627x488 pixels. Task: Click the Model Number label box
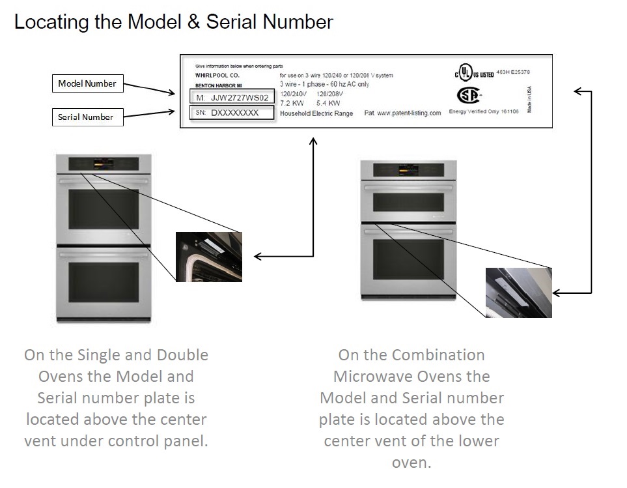click(87, 83)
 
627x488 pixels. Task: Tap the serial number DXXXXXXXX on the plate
click(235, 113)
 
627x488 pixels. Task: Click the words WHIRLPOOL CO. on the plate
click(217, 76)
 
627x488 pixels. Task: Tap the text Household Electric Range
click(316, 113)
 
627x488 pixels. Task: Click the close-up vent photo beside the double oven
click(208, 257)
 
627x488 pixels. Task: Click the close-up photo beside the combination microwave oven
click(518, 292)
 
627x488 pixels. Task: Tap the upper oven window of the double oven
click(104, 209)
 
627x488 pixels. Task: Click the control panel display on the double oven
click(104, 163)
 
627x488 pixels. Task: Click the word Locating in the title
click(51, 22)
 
